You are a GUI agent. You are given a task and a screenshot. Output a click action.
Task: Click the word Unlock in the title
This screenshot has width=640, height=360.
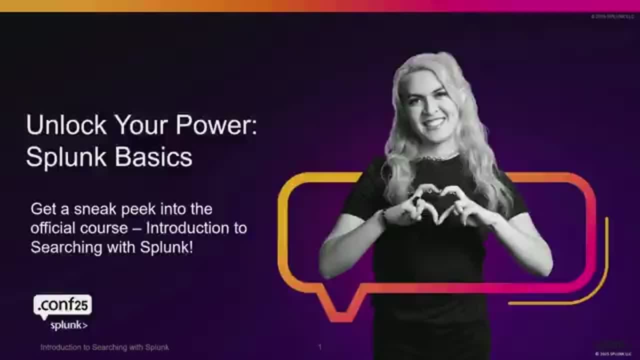coord(66,124)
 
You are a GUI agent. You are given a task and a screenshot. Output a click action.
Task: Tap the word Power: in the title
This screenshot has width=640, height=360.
coord(216,124)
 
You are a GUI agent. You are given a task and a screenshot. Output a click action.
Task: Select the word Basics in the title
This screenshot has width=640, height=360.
coord(153,156)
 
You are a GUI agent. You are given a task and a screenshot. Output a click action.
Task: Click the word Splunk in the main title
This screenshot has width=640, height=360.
coord(67,156)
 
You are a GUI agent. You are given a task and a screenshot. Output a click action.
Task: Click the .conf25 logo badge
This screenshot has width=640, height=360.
coord(62,304)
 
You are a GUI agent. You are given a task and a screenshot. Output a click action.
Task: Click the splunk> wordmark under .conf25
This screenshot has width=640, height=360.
coord(69,325)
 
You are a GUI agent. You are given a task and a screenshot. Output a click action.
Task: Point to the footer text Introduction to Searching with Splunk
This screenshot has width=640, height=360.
coord(104,347)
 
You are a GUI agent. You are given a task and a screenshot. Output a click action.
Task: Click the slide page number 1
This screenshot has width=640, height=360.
coord(320,347)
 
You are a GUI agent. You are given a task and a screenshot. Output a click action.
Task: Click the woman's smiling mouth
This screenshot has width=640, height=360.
coord(434,121)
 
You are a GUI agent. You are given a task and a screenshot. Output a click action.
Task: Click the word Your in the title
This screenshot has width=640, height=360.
coord(142,124)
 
